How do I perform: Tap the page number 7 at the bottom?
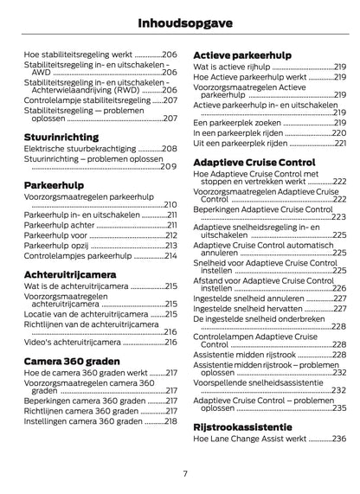(x=185, y=473)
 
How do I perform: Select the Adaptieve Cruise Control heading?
(x=254, y=161)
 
